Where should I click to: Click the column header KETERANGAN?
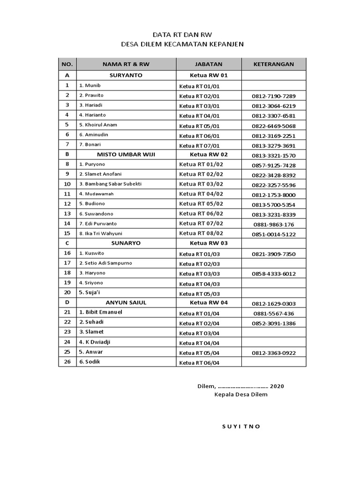click(274, 64)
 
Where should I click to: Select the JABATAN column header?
click(209, 64)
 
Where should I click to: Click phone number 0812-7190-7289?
click(274, 96)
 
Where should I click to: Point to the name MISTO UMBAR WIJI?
click(126, 154)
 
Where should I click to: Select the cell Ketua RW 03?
click(209, 243)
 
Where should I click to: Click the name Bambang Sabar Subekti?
click(110, 184)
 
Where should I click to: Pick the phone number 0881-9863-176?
click(274, 225)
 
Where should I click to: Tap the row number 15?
click(67, 233)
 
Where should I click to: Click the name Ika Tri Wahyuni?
click(101, 233)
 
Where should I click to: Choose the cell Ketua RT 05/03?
click(200, 294)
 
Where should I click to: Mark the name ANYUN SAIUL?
click(126, 303)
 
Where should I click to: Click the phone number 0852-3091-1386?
click(274, 323)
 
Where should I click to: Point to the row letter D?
click(67, 303)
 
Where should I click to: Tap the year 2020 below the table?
click(277, 386)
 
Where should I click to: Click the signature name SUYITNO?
click(241, 427)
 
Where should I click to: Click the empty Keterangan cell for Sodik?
click(274, 362)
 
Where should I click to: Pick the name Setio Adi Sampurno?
click(105, 263)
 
